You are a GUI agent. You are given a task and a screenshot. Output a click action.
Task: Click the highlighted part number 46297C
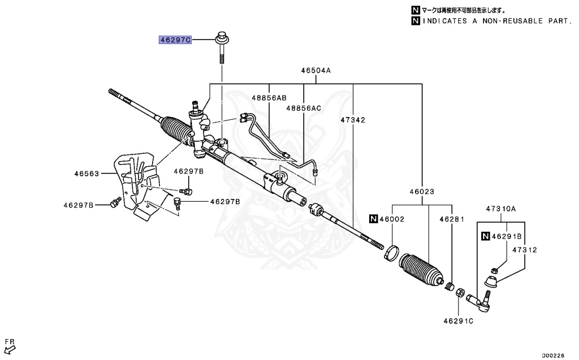click(175, 40)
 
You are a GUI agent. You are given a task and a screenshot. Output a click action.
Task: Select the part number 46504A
click(316, 71)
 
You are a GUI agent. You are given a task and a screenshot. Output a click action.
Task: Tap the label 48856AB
click(269, 98)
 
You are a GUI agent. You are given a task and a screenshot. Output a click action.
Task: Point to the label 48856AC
click(303, 108)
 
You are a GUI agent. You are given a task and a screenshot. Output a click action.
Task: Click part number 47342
click(353, 120)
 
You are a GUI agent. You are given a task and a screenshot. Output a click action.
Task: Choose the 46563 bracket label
click(87, 174)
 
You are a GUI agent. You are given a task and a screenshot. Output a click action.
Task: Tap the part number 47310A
click(501, 209)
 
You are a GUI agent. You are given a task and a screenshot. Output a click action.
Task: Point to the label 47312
click(525, 249)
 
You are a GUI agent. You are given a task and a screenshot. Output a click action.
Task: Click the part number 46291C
click(458, 321)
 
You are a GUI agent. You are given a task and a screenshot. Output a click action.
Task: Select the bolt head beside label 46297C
click(222, 40)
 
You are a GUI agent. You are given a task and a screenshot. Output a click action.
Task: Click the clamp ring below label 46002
click(390, 254)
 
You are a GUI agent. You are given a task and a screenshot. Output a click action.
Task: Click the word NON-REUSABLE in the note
click(507, 21)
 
